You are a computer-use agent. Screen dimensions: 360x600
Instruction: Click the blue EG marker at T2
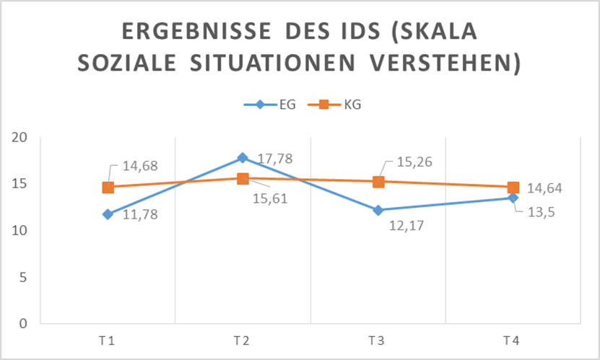point(243,158)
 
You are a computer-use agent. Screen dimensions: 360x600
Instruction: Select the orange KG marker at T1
point(108,188)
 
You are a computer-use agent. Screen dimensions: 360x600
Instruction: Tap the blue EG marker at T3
point(378,210)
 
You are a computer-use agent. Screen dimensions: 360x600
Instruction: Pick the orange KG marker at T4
point(513,188)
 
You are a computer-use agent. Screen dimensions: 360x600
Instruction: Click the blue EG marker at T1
point(108,214)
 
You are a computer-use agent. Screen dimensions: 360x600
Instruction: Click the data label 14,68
point(139,166)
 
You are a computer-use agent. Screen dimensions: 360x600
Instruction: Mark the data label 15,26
point(409,162)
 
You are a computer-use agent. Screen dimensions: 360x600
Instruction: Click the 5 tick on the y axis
point(23,277)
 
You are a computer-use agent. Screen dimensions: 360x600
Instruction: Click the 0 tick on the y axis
point(23,323)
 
